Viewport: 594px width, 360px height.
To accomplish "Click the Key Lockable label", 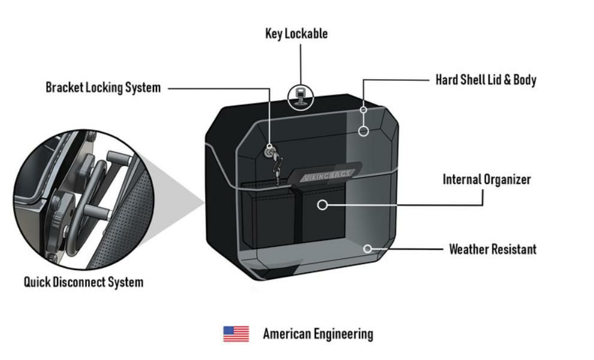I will [x=296, y=34].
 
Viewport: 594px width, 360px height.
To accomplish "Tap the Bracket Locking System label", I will [x=103, y=87].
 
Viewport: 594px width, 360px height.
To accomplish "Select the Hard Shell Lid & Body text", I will [x=486, y=80].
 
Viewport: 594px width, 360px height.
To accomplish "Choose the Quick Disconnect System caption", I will [x=83, y=282].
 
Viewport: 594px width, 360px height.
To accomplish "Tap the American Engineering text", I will [x=318, y=334].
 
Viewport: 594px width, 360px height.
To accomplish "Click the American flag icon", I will [x=236, y=334].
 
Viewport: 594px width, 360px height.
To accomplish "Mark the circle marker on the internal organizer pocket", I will [x=322, y=205].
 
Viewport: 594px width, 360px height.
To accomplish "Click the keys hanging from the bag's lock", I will [x=276, y=162].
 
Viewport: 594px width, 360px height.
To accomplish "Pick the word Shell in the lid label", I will [x=475, y=80].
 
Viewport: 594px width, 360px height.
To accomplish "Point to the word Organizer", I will [x=507, y=179].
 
